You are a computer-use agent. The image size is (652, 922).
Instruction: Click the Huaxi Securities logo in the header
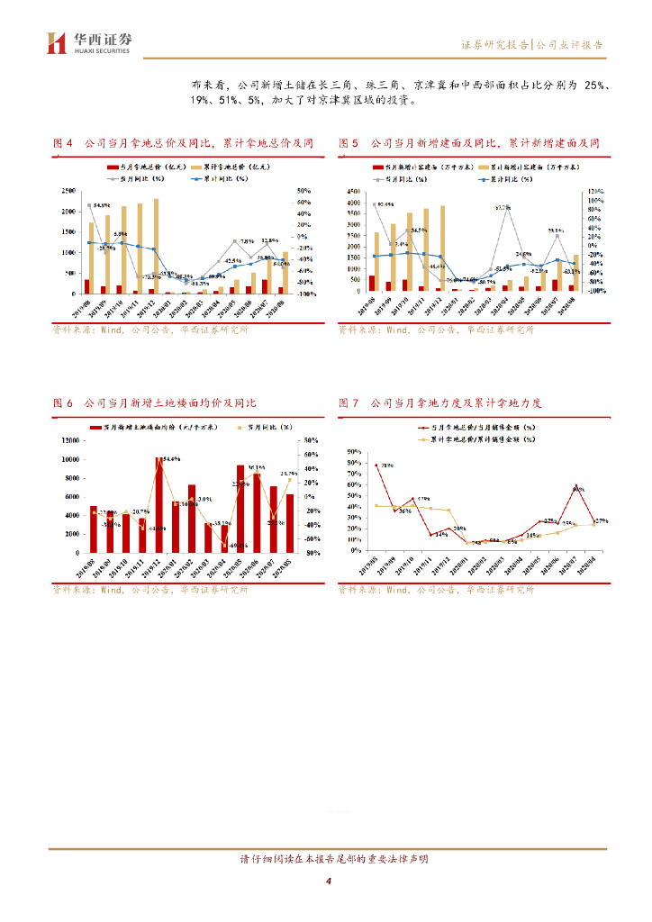[89, 41]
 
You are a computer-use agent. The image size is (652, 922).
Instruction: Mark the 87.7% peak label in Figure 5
[503, 208]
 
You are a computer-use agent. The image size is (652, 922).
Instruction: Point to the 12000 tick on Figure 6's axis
[68, 440]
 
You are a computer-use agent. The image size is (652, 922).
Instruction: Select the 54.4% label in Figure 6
[171, 459]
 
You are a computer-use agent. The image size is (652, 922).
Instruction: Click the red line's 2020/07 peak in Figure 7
[576, 487]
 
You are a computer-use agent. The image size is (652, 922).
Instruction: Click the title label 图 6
[62, 403]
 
